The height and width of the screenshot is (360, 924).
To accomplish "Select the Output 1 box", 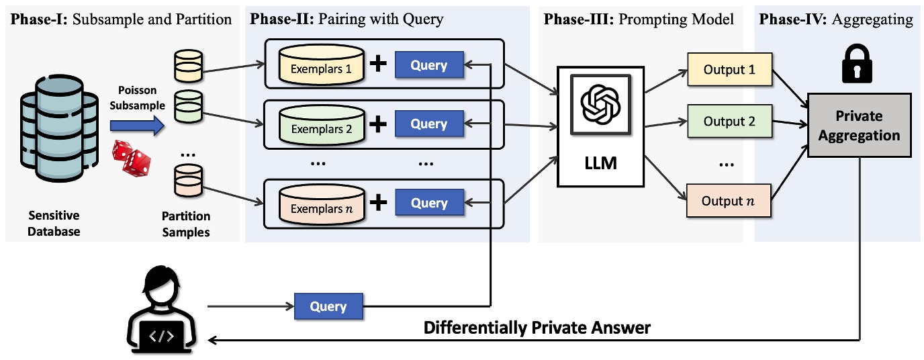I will (x=729, y=70).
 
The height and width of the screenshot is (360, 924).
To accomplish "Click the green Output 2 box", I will (x=729, y=122).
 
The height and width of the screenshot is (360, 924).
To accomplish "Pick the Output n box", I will (x=729, y=201).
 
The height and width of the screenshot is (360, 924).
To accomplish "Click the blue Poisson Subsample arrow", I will (x=137, y=124).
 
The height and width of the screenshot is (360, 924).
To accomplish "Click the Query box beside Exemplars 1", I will (x=429, y=65).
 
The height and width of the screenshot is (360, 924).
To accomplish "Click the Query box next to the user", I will (x=328, y=307).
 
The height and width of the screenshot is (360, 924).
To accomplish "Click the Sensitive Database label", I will (x=54, y=224).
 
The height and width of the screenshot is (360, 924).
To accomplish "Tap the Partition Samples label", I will (x=186, y=224).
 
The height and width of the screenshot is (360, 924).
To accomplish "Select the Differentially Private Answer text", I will (x=537, y=328).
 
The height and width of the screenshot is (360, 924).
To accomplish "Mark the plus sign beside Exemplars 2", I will (x=379, y=124).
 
